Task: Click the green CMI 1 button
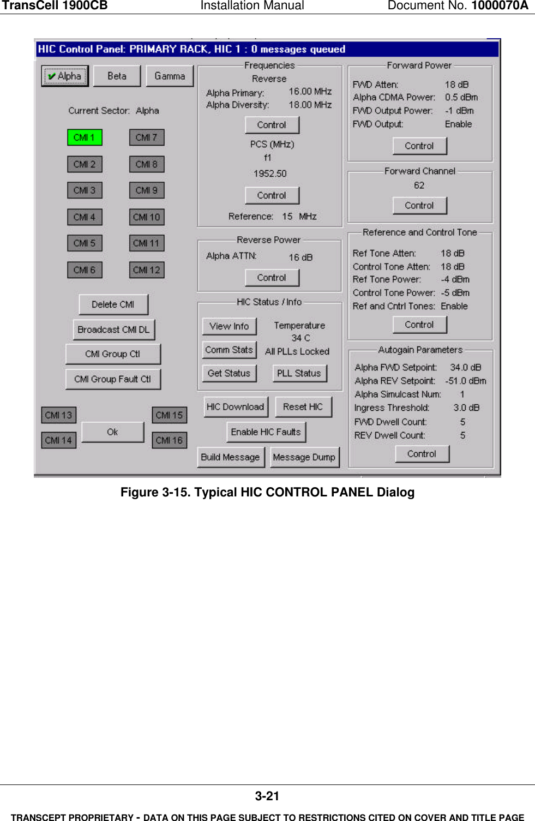click(x=85, y=137)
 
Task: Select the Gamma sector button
click(x=170, y=76)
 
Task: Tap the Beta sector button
click(x=117, y=76)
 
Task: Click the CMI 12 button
click(x=147, y=270)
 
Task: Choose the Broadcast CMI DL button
click(x=113, y=329)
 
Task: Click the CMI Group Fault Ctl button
click(x=113, y=379)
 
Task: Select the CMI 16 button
click(x=169, y=440)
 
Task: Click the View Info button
click(x=229, y=326)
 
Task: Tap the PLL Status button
click(x=299, y=373)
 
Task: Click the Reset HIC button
click(x=303, y=407)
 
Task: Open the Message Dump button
click(x=304, y=457)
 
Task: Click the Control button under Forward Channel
click(x=419, y=206)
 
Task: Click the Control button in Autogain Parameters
click(x=422, y=454)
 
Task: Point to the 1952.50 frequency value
click(x=270, y=173)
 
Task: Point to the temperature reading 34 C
click(x=300, y=338)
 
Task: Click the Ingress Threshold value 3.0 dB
click(x=466, y=407)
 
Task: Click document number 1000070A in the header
click(x=500, y=6)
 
